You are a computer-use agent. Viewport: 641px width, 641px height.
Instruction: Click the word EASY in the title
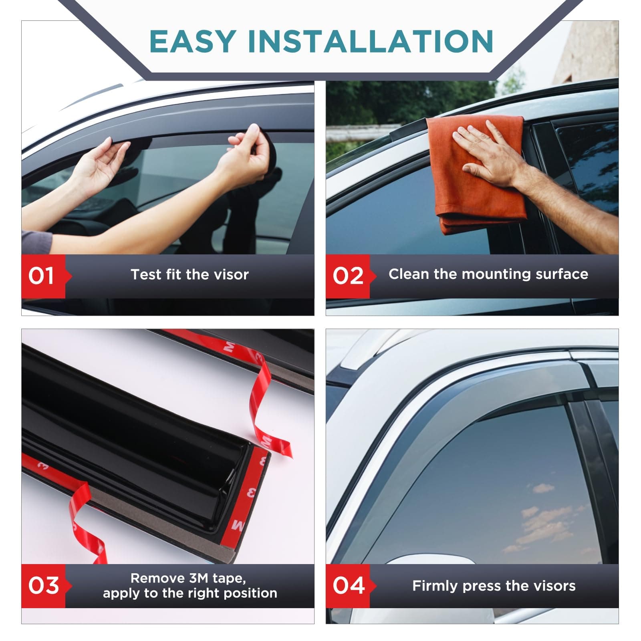coord(192,41)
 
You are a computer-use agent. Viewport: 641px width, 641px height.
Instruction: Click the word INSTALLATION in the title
coord(371,41)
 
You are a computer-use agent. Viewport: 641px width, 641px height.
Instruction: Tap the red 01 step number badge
coord(42,276)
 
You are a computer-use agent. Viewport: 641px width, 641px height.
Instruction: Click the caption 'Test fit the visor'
coord(189,274)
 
